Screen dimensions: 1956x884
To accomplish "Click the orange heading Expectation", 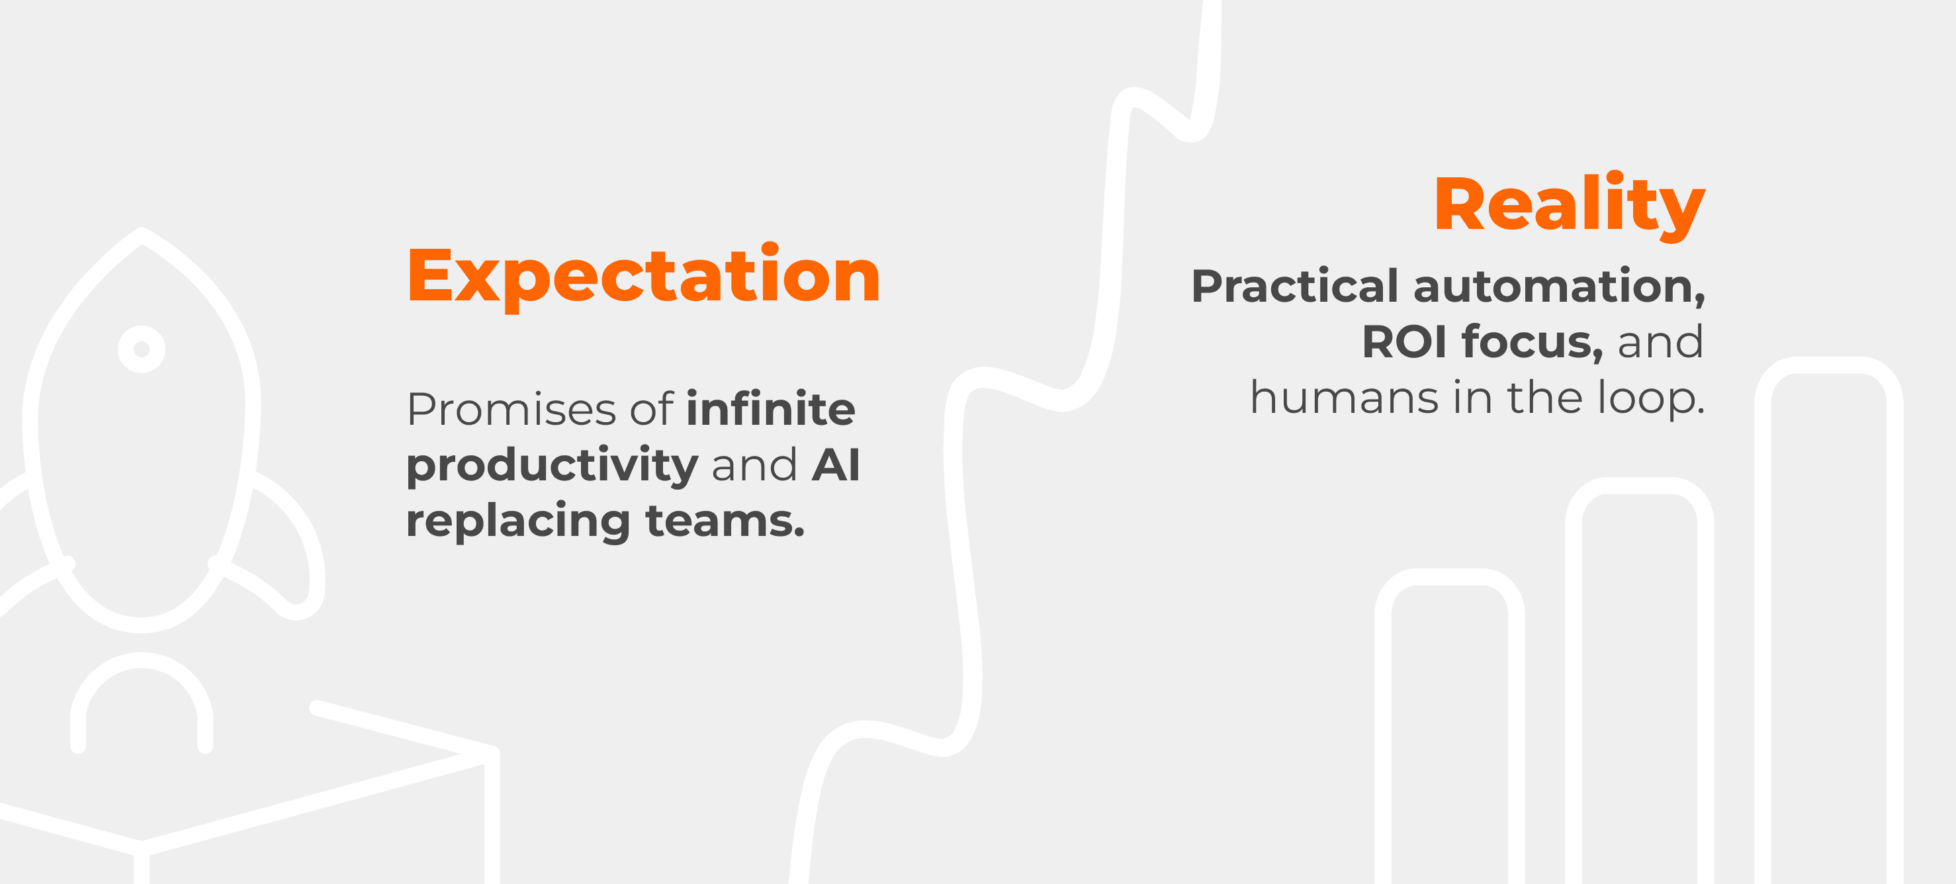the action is pos(644,277).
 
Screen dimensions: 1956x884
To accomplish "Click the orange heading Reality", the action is pos(1569,206).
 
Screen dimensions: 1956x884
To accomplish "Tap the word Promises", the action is pos(511,410).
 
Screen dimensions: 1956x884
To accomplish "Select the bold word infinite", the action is pos(770,408).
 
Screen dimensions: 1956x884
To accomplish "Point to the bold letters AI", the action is pos(835,464).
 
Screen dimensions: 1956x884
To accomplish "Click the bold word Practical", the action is pos(1295,286).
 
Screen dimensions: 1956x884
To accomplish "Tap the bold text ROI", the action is pos(1404,341).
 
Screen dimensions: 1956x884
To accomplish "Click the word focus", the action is pos(1533,341).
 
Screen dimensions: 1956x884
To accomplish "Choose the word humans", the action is pos(1345,397).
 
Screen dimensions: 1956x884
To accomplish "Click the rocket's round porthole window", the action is pos(141,349).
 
